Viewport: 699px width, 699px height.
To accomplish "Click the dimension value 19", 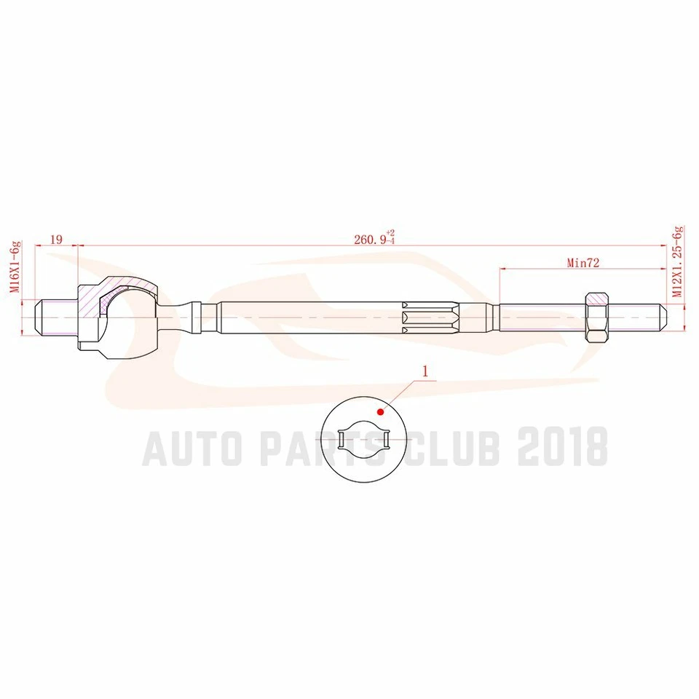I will [x=55, y=239].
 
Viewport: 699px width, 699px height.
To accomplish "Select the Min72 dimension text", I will [x=582, y=264].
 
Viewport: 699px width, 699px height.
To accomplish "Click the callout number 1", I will [x=425, y=369].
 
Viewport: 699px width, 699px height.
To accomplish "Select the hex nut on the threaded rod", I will [x=597, y=317].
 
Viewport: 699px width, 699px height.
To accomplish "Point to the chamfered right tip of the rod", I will [x=664, y=317].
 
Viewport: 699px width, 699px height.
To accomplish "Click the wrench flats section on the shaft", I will [x=430, y=317].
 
